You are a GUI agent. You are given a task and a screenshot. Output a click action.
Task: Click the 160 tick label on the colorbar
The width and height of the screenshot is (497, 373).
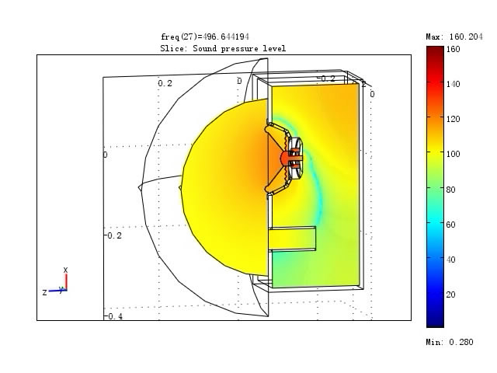[x=453, y=49]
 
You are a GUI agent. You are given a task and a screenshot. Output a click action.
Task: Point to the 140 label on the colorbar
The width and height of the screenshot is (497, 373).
[x=453, y=84]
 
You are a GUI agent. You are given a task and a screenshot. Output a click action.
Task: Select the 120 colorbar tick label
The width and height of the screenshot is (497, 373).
[x=453, y=119]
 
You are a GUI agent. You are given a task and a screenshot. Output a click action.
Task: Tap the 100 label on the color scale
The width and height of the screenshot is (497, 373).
[x=453, y=154]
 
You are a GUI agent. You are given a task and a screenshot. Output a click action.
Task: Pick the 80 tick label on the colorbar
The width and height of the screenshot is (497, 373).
[x=450, y=190]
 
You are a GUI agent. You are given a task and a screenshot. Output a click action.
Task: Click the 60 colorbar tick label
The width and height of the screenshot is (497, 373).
[x=450, y=225]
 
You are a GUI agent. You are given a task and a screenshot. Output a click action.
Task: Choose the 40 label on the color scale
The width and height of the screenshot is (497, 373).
[x=450, y=260]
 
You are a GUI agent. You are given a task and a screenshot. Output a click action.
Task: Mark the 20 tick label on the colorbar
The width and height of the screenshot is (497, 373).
[x=450, y=295]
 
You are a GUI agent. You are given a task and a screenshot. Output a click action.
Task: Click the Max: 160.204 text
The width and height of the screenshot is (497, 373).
[x=454, y=37]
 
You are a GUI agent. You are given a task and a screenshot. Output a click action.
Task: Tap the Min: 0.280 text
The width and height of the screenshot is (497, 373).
[x=450, y=342]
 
